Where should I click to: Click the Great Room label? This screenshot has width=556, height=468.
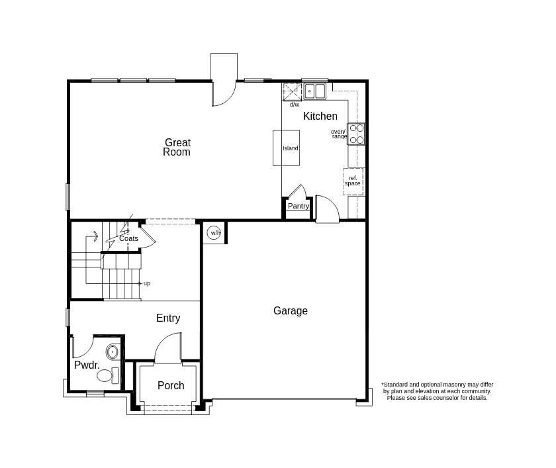click(x=177, y=147)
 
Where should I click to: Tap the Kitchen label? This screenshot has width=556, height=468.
click(x=320, y=117)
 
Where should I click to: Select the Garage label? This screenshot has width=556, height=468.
click(x=290, y=311)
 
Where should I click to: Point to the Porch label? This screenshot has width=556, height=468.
click(x=171, y=386)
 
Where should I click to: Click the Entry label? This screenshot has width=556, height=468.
click(x=168, y=318)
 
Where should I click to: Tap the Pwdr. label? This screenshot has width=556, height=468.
click(x=87, y=365)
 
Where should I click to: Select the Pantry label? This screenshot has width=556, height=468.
click(x=299, y=207)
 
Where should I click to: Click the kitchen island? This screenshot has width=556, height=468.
click(x=286, y=148)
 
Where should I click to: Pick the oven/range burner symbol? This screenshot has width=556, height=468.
click(x=356, y=134)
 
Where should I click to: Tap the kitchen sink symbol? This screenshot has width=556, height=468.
click(x=315, y=91)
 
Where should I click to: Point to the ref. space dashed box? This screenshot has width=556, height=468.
click(x=353, y=181)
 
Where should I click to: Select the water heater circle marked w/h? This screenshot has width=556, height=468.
click(x=214, y=233)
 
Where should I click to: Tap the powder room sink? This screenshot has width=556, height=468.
click(x=113, y=351)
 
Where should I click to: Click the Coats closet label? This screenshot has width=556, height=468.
click(x=129, y=239)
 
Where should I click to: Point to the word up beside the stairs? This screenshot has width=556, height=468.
click(x=147, y=283)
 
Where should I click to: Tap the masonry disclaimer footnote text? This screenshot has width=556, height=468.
click(x=437, y=391)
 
